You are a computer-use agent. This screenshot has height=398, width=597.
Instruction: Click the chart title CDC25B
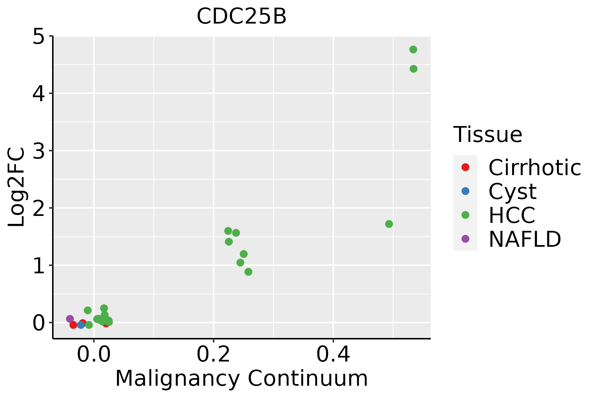[241, 17]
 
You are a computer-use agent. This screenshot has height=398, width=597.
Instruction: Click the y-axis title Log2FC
[17, 187]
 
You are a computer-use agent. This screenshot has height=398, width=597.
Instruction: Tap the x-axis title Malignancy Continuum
[241, 379]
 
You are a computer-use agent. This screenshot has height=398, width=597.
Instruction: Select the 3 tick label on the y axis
[38, 151]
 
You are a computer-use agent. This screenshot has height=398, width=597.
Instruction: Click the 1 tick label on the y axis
[38, 266]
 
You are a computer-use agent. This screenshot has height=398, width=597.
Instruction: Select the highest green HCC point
[413, 49]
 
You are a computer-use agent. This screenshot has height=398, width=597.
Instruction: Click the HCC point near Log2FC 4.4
[414, 69]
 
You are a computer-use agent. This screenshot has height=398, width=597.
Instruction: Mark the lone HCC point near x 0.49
[389, 224]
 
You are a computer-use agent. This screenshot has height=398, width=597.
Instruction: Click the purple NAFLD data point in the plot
[70, 319]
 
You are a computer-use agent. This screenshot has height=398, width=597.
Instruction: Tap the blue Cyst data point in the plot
[81, 325]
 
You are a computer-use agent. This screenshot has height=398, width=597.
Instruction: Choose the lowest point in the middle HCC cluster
[248, 272]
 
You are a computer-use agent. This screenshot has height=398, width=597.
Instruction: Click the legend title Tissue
[488, 135]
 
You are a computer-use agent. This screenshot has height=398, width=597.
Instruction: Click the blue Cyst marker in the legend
[465, 191]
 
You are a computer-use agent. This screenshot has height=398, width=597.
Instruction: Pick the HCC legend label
[512, 215]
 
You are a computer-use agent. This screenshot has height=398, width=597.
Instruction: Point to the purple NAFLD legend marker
[465, 239]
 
